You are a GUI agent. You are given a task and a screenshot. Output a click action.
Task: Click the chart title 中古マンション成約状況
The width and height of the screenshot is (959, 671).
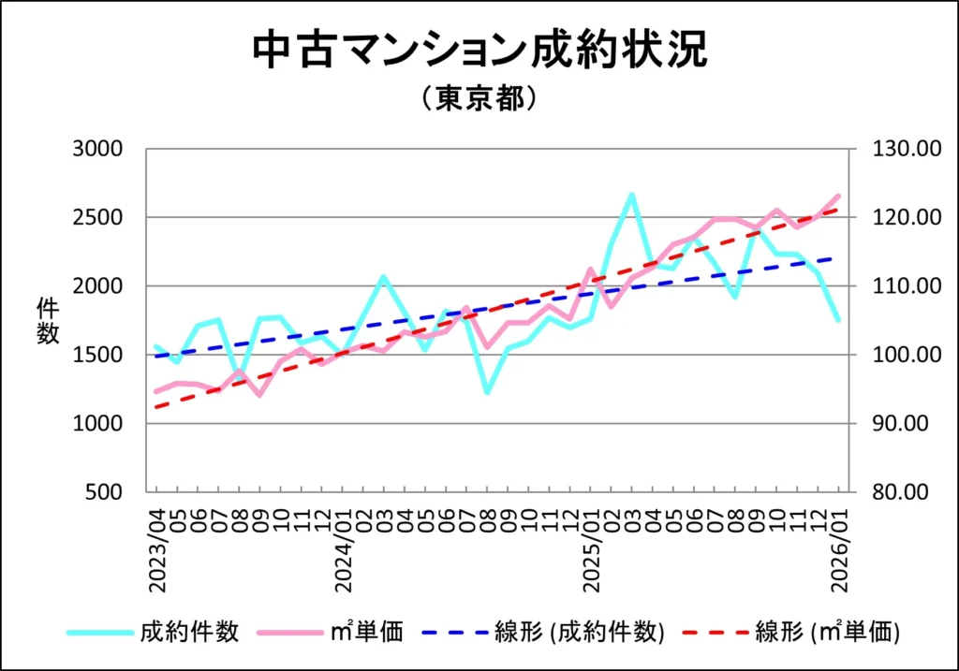479,51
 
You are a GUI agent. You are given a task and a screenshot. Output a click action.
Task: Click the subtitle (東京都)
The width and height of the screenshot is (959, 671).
479,99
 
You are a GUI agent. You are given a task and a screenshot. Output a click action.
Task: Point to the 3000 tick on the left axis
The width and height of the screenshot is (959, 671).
98,149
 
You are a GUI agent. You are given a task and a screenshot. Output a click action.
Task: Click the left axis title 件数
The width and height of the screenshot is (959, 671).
48,321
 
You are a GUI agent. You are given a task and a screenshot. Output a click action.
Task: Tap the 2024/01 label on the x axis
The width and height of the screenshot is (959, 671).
344,549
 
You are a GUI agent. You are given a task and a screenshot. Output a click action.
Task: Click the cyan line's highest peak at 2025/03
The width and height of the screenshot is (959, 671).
632,195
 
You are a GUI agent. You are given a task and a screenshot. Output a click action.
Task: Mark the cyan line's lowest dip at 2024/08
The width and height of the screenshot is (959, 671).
487,392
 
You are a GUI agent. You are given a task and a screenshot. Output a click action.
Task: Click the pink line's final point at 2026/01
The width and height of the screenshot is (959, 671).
838,196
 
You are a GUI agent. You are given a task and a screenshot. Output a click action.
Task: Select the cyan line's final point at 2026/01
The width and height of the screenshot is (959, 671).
838,320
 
